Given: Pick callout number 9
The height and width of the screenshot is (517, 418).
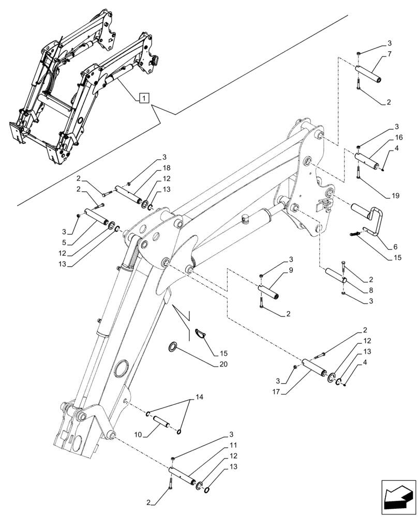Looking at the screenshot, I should (292, 270).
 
